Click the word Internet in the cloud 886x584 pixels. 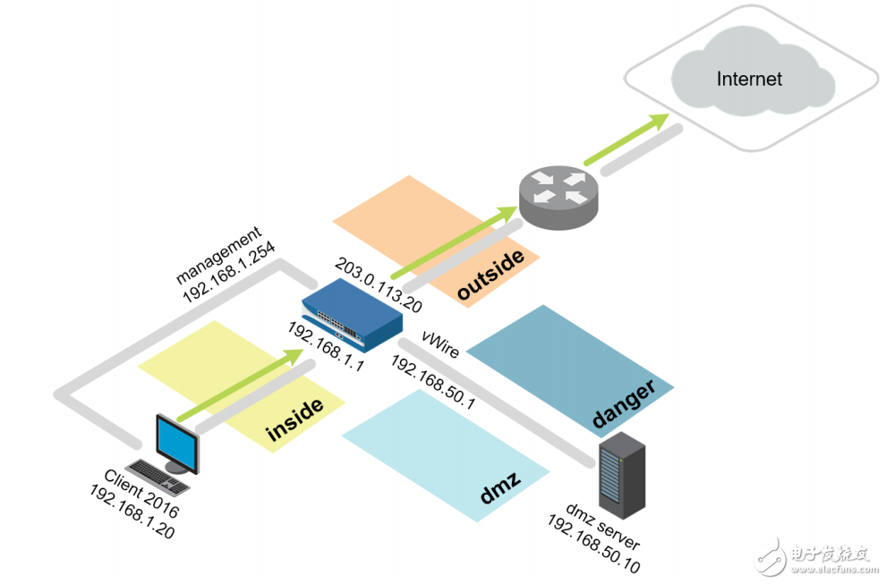click(749, 79)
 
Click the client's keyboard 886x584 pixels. click(158, 478)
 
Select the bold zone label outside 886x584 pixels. click(490, 275)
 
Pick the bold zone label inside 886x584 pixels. click(294, 420)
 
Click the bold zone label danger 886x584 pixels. click(624, 402)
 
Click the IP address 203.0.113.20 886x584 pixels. click(378, 285)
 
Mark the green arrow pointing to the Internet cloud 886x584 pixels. click(626, 140)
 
